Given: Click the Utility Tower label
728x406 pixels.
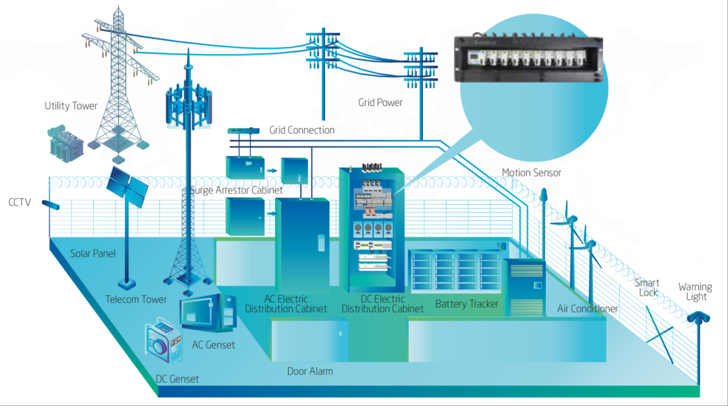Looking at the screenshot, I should tap(70, 106).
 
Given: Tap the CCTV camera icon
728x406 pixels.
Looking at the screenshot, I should tap(50, 205).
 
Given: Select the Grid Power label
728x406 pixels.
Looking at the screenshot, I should tap(380, 102).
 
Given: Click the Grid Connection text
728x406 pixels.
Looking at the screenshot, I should tap(301, 130).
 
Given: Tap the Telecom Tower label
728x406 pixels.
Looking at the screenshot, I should tap(136, 299).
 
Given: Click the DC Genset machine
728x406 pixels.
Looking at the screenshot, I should tap(165, 345).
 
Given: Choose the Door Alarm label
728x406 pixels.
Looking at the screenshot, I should tap(310, 371).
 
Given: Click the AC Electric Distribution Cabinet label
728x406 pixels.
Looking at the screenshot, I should tap(286, 304).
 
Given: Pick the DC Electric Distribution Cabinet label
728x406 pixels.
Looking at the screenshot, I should tap(382, 304).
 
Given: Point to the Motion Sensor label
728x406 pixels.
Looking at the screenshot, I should tap(531, 173).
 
